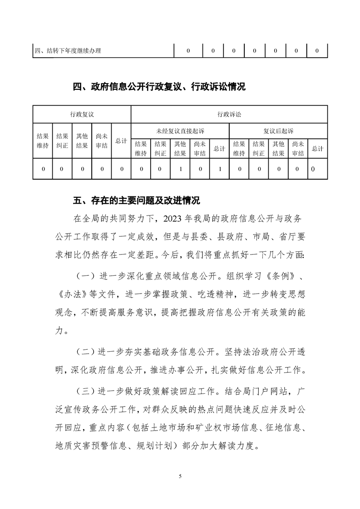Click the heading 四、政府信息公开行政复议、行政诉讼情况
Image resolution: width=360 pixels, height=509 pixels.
[159, 87]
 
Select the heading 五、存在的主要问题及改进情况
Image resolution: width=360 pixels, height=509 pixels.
[136, 200]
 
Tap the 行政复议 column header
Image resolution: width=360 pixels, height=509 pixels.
[82, 114]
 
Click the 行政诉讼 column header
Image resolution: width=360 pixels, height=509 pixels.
[229, 114]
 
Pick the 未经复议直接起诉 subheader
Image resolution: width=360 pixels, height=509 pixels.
[180, 131]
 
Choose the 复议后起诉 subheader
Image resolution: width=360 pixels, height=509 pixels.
[278, 131]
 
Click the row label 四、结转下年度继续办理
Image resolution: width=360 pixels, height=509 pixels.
[68, 51]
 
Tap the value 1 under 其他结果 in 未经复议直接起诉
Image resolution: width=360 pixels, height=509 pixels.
[180, 169]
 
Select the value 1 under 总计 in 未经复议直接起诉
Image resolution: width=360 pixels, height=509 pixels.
[220, 169]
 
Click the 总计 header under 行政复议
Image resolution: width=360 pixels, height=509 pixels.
[121, 141]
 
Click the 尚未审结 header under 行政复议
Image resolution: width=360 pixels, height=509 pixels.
[102, 141]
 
